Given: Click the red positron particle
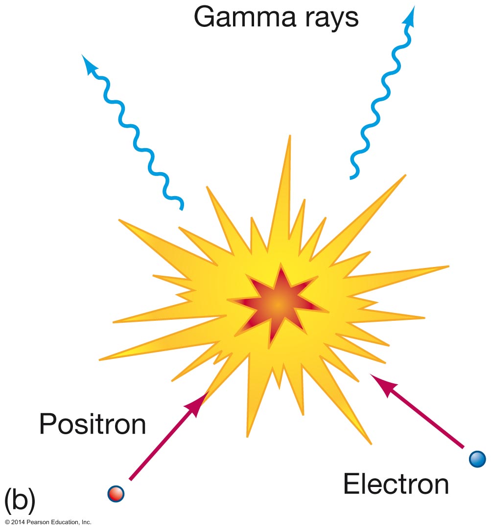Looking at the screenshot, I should [116, 493].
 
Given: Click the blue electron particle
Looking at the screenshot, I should [477, 459].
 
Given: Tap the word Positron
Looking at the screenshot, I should [93, 423].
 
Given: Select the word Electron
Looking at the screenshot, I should [396, 484].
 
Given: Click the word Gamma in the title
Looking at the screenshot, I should [242, 18].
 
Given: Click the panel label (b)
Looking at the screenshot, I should [19, 500].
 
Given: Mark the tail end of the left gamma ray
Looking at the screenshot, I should [182, 208].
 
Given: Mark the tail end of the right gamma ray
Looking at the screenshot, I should [351, 177].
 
